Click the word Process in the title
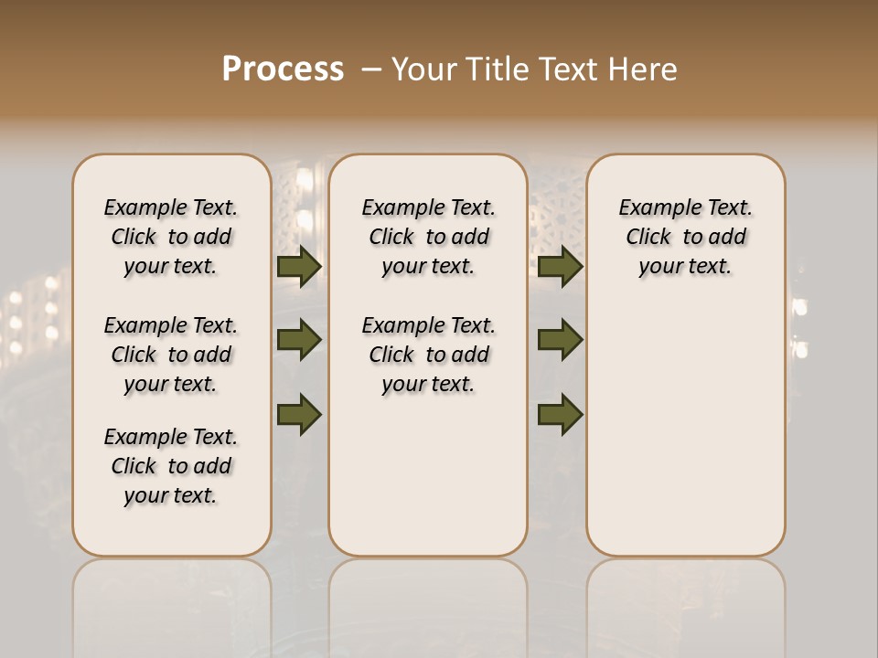[283, 69]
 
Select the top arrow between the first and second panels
[299, 267]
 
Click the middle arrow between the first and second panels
[299, 340]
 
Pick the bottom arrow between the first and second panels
[299, 414]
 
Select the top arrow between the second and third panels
[561, 267]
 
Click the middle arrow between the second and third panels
[561, 340]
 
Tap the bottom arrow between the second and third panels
[561, 414]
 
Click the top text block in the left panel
[171, 237]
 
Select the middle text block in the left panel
[171, 355]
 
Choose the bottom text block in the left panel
[171, 466]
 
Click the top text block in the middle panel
[428, 237]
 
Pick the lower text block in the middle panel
[428, 355]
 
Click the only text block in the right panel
[685, 237]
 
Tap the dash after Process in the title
[369, 69]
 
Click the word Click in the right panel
[648, 238]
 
